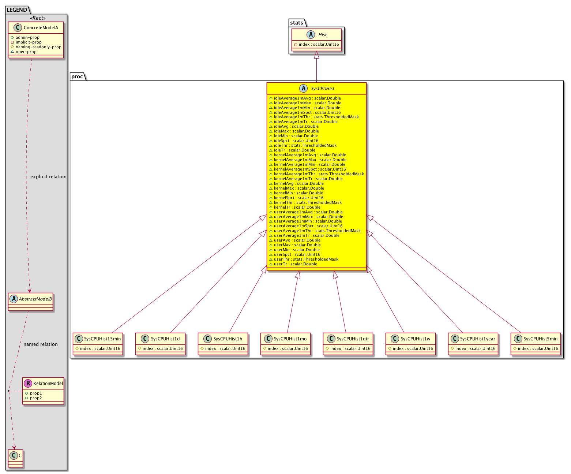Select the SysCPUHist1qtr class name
(x=353, y=339)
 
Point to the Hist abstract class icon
(x=311, y=34)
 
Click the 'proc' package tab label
(x=77, y=76)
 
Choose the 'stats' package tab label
(x=296, y=22)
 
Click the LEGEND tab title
(x=17, y=10)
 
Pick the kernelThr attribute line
(x=305, y=202)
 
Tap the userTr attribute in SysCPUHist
(x=293, y=264)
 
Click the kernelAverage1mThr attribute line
(x=316, y=174)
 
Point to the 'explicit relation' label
(x=48, y=176)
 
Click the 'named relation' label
(x=41, y=344)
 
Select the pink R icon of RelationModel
(x=28, y=383)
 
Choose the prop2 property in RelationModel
(x=33, y=398)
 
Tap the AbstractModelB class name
(x=35, y=299)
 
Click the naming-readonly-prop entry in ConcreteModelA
(x=36, y=47)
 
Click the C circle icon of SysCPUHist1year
(x=455, y=339)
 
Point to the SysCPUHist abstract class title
(x=322, y=89)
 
